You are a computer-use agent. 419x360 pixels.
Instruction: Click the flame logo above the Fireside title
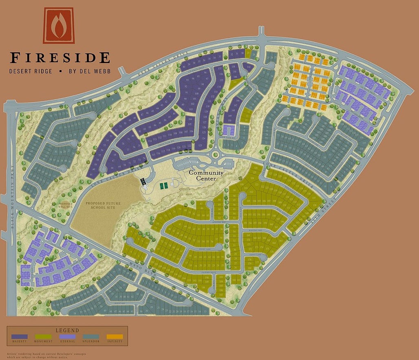click(x=58, y=25)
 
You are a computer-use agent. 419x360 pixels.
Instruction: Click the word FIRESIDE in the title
click(x=60, y=57)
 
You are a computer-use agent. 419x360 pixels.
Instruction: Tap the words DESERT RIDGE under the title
click(x=31, y=71)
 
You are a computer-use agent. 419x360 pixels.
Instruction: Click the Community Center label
click(x=206, y=175)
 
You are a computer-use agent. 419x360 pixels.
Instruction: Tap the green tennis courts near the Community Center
click(x=164, y=186)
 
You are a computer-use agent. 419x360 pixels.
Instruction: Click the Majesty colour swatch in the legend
click(x=19, y=337)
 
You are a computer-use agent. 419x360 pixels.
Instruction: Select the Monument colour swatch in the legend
click(x=43, y=337)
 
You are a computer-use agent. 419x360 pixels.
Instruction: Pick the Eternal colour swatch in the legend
click(x=67, y=337)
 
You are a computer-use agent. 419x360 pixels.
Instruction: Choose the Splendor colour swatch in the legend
click(x=91, y=337)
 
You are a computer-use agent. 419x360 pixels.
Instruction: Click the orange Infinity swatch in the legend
click(x=115, y=337)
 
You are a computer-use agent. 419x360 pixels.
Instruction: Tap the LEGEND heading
click(x=67, y=330)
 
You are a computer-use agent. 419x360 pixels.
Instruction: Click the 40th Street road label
click(x=321, y=212)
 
